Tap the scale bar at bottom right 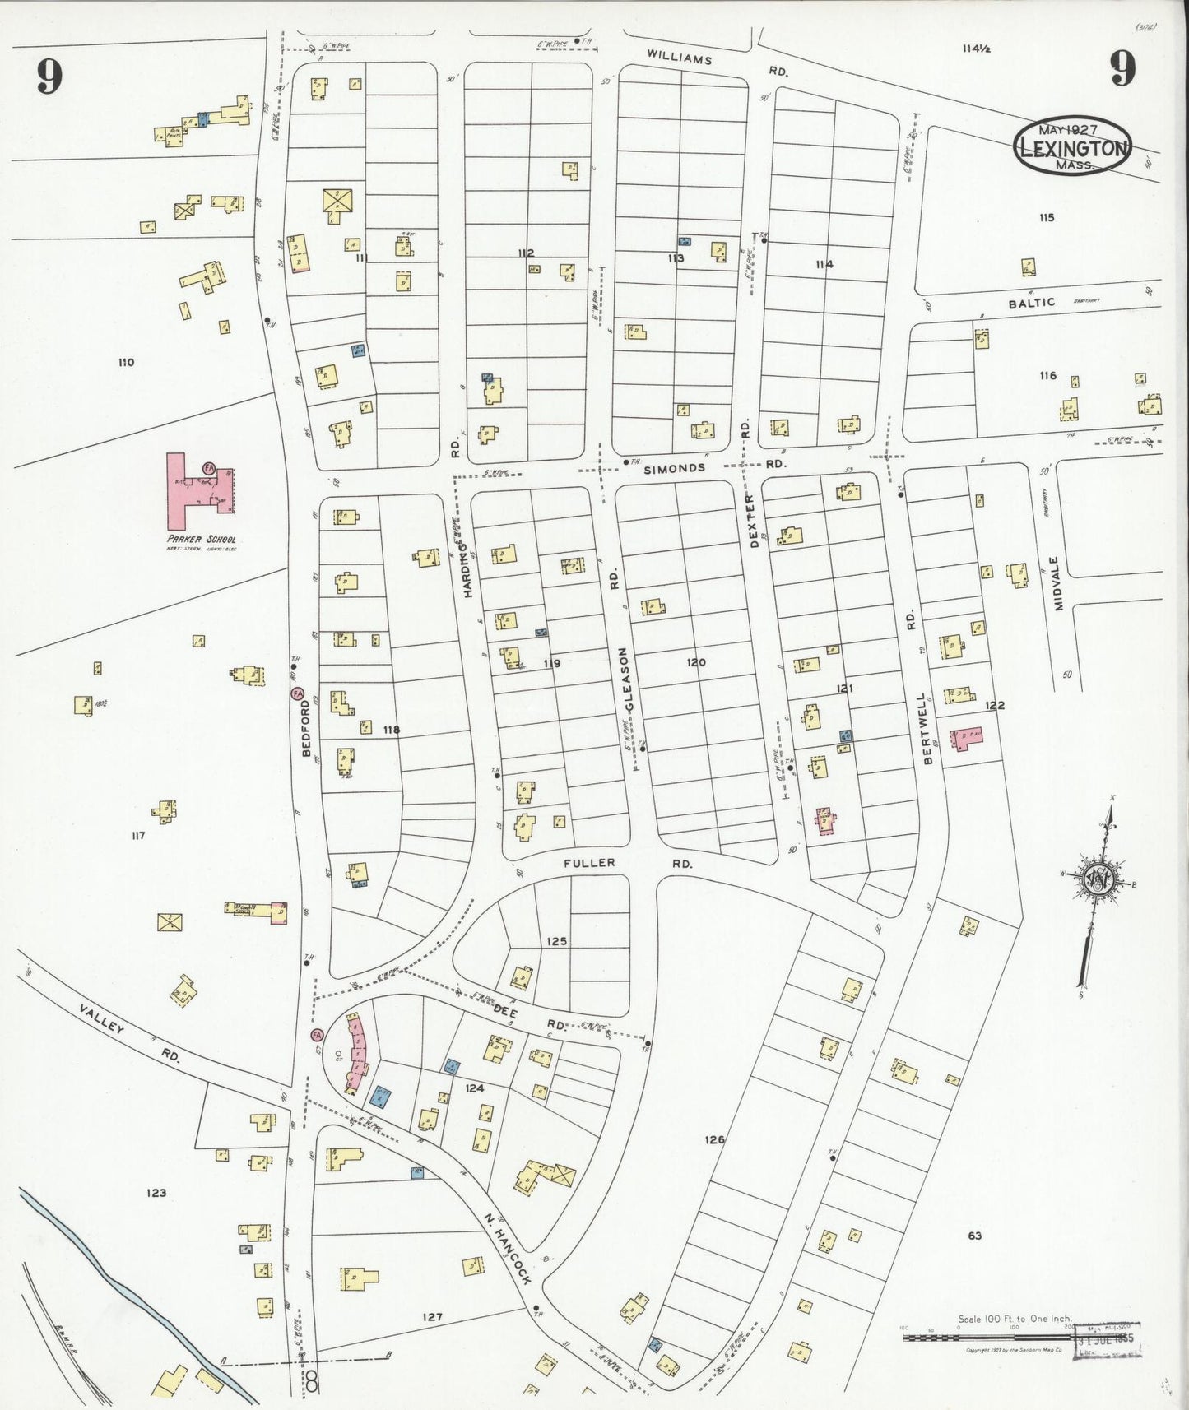click(987, 1338)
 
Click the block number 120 click(696, 661)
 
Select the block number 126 click(714, 1139)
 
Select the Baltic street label click(1031, 303)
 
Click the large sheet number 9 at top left click(49, 77)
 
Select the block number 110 click(125, 362)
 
